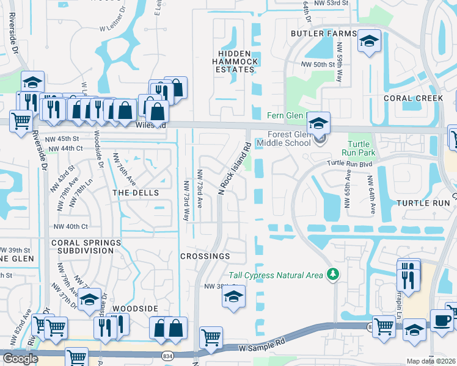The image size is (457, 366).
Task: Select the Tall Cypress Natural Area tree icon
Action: pos(332,275)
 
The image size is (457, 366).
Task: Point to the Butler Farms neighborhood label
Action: pos(323,33)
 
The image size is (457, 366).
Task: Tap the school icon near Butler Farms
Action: pos(368,41)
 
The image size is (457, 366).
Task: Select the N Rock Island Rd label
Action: pos(235,170)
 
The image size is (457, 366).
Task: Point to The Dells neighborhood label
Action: pos(136,193)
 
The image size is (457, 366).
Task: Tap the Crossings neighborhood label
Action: pos(205,256)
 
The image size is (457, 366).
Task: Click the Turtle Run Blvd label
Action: pos(349,163)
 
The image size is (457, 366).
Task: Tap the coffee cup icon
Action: pos(442,319)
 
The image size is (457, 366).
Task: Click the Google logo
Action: pos(20,359)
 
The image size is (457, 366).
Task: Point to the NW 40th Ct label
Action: pos(67,227)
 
